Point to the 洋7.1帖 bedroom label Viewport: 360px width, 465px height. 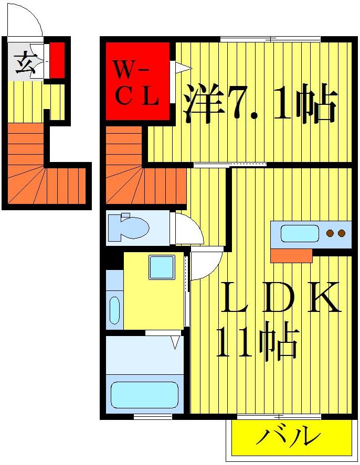[x=259, y=105]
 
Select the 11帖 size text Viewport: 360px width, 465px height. [x=257, y=343]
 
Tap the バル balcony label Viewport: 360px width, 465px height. [x=288, y=437]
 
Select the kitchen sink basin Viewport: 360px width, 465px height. [x=300, y=233]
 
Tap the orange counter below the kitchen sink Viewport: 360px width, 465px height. [x=291, y=256]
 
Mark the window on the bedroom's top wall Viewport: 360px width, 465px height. [x=270, y=39]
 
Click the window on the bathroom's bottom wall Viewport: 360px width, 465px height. [x=153, y=417]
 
